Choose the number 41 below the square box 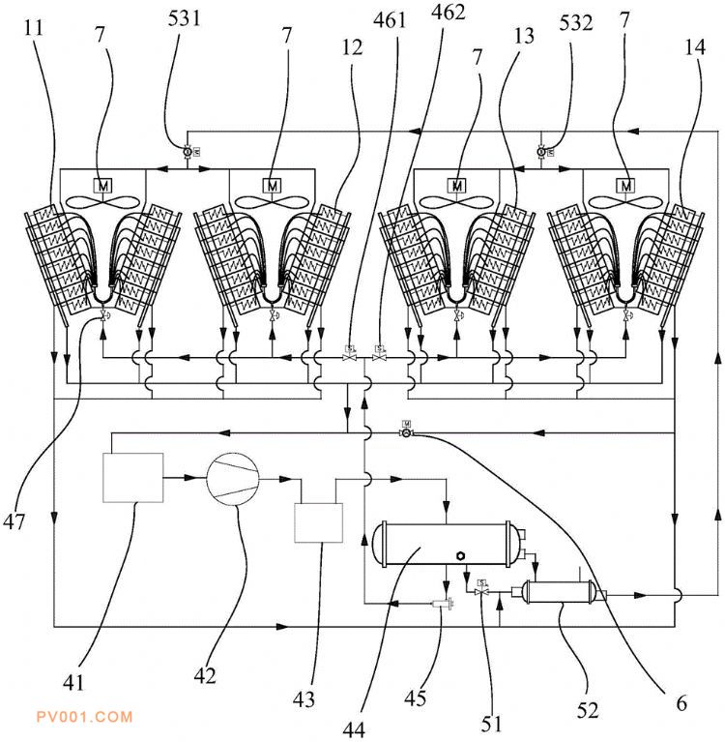point(73,682)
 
